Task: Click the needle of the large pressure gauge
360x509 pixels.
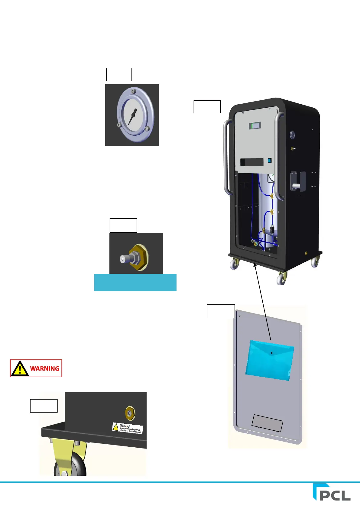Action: click(132, 116)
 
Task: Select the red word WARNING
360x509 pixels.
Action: click(45, 368)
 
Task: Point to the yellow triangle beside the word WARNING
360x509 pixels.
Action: click(20, 368)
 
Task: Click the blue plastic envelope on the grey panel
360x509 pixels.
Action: click(269, 360)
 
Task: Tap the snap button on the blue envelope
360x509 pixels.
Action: click(271, 353)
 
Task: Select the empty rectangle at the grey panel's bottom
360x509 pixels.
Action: click(267, 423)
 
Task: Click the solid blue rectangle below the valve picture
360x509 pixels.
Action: click(135, 282)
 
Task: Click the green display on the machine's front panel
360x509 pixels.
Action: click(255, 125)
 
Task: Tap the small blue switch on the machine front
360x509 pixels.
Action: click(270, 160)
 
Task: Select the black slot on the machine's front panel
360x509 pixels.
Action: click(252, 162)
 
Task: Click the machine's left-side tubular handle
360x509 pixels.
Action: click(226, 157)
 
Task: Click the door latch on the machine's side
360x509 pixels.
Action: click(298, 181)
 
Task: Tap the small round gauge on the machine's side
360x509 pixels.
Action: click(292, 135)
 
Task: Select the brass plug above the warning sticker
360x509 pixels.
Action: click(130, 413)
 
